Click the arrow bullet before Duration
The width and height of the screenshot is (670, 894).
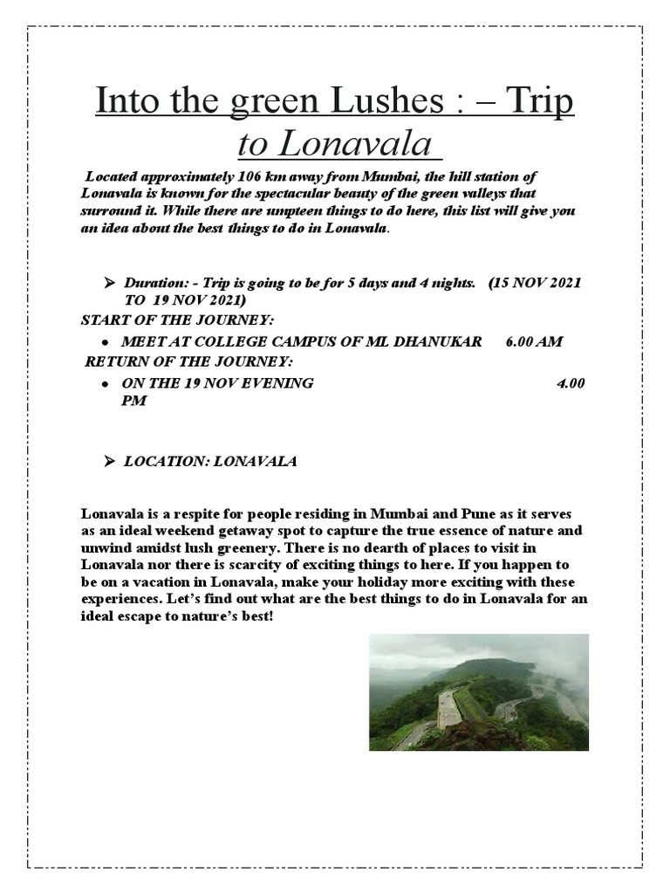(110, 283)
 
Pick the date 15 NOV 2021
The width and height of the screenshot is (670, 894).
(537, 283)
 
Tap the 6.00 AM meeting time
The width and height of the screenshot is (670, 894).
(534, 341)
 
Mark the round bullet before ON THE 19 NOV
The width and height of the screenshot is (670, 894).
(104, 384)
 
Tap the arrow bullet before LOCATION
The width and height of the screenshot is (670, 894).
(110, 461)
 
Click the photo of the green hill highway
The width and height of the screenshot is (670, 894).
(478, 692)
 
